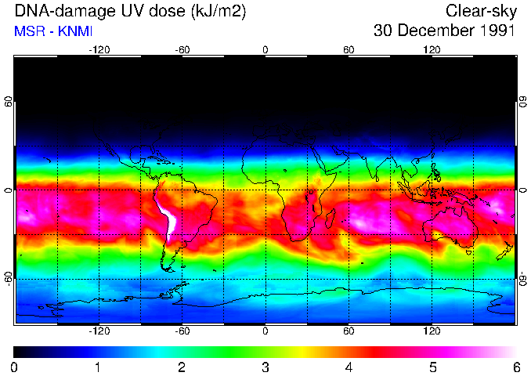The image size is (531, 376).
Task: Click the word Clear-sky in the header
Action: click(x=480, y=11)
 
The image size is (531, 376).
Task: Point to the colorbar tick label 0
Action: click(x=14, y=367)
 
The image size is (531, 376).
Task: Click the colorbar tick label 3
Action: click(x=265, y=367)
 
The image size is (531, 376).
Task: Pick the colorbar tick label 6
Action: click(x=515, y=367)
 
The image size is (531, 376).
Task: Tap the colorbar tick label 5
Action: click(x=432, y=367)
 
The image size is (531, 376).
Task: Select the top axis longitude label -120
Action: click(x=99, y=50)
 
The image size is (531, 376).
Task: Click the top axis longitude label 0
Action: click(x=265, y=50)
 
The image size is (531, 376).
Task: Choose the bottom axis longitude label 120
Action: click(x=432, y=331)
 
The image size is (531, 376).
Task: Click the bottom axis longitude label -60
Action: click(x=182, y=331)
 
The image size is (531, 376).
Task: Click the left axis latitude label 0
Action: click(x=9, y=190)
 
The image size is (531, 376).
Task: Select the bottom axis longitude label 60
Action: click(x=349, y=331)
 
